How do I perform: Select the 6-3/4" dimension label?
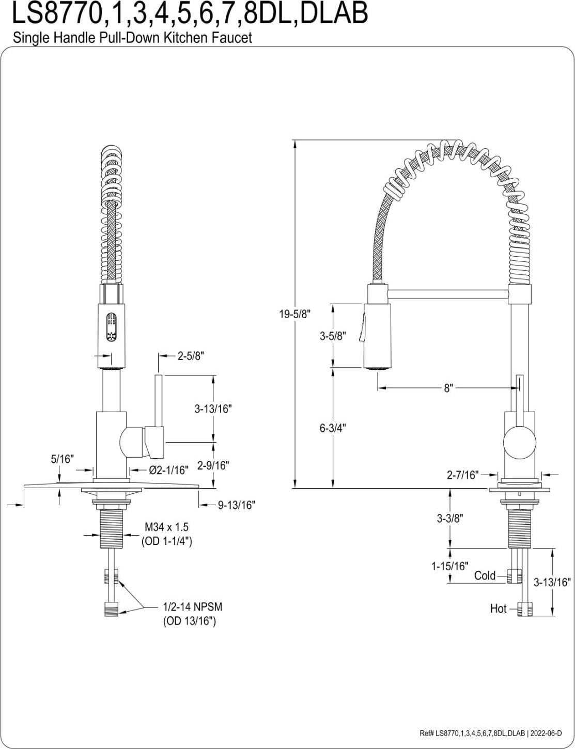click(x=333, y=428)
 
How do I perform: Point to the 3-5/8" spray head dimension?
click(x=333, y=336)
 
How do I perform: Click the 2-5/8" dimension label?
click(x=191, y=356)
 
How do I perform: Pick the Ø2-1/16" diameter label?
click(x=168, y=470)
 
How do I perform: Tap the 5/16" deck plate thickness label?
click(x=63, y=459)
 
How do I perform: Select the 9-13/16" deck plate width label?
click(x=237, y=505)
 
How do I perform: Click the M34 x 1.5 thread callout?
click(x=166, y=527)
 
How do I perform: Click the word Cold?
click(x=485, y=575)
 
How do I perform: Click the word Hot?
click(x=498, y=609)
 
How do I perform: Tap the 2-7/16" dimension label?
click(x=463, y=474)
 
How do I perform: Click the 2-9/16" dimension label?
click(x=213, y=465)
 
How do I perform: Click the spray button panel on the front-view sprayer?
click(x=111, y=327)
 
